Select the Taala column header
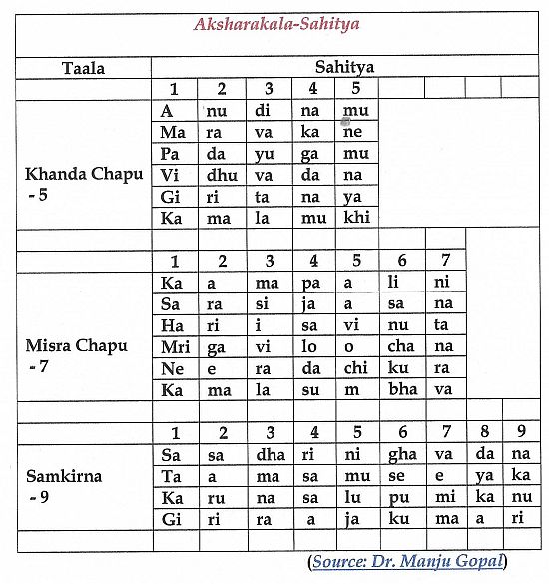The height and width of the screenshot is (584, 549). pyautogui.click(x=83, y=69)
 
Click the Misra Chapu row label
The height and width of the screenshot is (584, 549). pyautogui.click(x=77, y=346)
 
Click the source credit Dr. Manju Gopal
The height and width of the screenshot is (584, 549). pyautogui.click(x=420, y=561)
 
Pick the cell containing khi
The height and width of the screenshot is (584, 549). pyautogui.click(x=356, y=217)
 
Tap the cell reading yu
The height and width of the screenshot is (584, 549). pyautogui.click(x=267, y=153)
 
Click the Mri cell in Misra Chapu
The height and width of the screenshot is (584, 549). pyautogui.click(x=173, y=346)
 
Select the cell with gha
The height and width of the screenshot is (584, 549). pyautogui.click(x=403, y=455)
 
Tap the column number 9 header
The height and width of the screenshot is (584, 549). pyautogui.click(x=520, y=433)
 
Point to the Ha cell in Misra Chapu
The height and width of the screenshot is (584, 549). pyautogui.click(x=172, y=325)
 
